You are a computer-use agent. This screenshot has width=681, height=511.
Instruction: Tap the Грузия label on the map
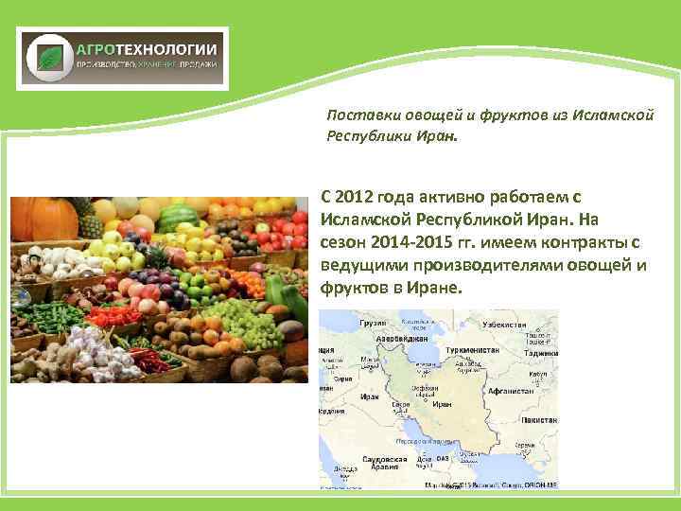[x=374, y=323]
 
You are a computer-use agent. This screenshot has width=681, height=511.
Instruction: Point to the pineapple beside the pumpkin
[x=91, y=223]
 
